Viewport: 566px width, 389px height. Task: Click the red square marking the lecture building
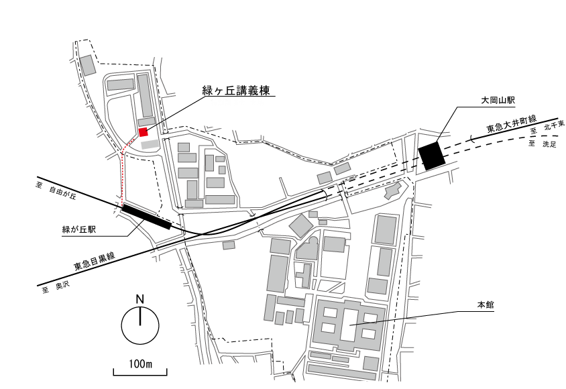click(x=144, y=132)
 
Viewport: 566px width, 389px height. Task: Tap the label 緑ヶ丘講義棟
click(x=236, y=91)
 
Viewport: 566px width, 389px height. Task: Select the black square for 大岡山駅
click(x=431, y=156)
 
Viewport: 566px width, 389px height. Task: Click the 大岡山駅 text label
click(x=498, y=101)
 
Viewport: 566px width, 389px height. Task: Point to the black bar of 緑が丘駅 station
click(x=147, y=217)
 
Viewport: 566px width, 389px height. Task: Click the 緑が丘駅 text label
click(x=79, y=229)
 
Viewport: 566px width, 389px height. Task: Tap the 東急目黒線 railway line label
click(x=95, y=262)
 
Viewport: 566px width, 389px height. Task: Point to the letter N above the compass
click(x=140, y=299)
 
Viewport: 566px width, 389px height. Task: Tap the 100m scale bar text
click(x=140, y=364)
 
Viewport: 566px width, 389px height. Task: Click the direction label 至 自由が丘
click(x=56, y=191)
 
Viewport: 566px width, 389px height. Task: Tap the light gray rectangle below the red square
click(x=150, y=144)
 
